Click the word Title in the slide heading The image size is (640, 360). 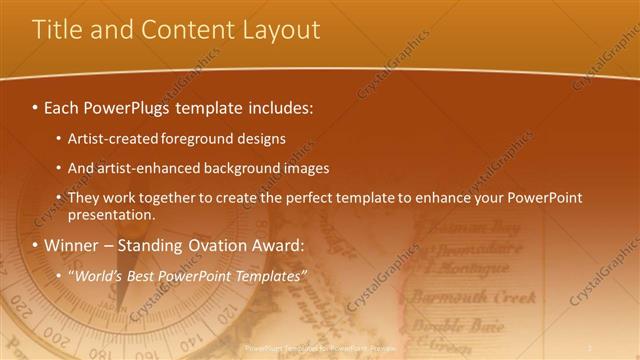[x=56, y=30]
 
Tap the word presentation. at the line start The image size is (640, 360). [x=112, y=214]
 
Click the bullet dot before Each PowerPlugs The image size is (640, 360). [x=36, y=106]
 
